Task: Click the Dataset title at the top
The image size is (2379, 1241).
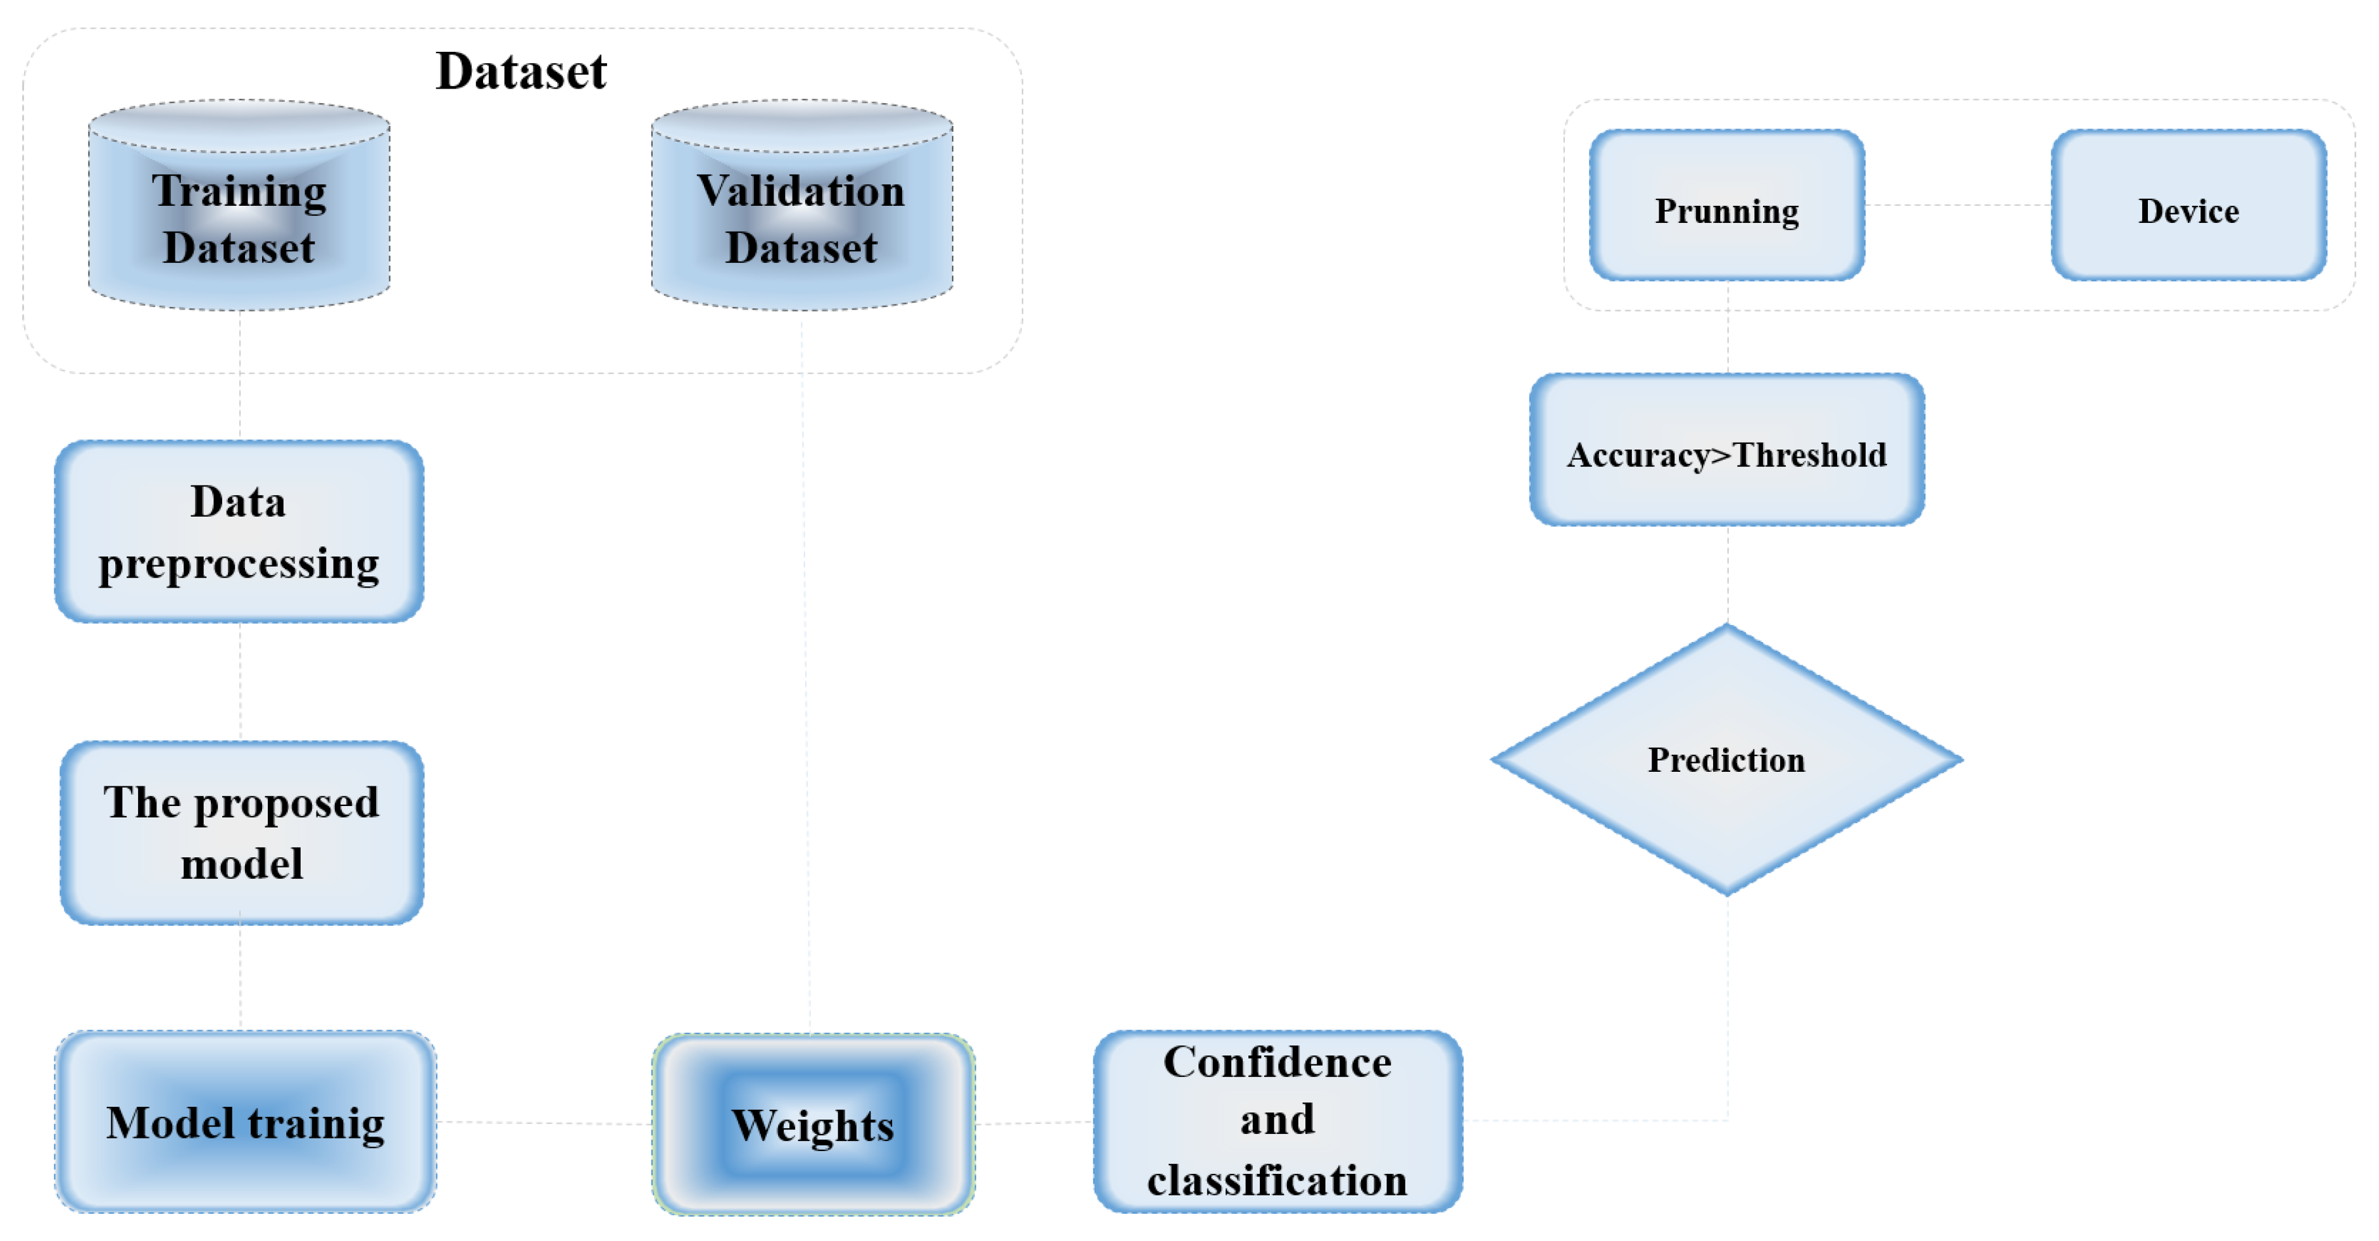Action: coord(521,72)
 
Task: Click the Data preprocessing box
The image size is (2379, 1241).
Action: coord(239,532)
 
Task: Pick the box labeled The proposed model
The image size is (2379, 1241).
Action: coord(242,832)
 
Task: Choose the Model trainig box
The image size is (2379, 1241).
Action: coord(246,1122)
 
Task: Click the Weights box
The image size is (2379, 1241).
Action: coord(813,1124)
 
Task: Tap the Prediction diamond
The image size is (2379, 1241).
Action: coord(1726,759)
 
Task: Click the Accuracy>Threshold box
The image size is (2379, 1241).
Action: coord(1727,451)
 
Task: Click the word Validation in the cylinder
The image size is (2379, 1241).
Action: coord(800,191)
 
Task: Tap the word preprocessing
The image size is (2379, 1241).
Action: coord(239,564)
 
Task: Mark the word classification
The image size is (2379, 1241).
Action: coord(1277,1180)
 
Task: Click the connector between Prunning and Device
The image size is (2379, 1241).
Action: coord(1958,205)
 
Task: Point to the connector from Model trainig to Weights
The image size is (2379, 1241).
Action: coord(545,1123)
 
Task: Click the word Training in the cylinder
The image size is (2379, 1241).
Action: coord(239,191)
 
